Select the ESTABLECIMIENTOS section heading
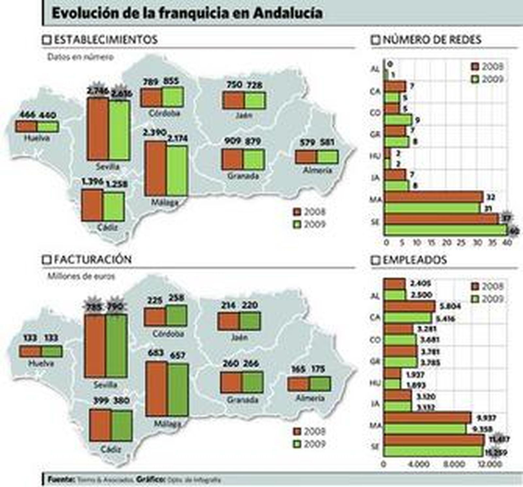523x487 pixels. (105, 40)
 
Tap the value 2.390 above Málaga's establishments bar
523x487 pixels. (154, 133)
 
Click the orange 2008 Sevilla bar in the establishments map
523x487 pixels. (98, 129)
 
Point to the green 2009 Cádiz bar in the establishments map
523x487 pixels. (114, 206)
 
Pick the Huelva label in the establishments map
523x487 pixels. (37, 138)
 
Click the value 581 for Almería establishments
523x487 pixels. (327, 143)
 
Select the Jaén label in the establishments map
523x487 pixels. (244, 115)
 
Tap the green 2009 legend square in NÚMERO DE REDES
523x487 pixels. (475, 79)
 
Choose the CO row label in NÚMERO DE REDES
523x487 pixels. (376, 113)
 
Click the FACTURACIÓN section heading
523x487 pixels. (93, 260)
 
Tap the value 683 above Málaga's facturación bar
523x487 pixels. (156, 353)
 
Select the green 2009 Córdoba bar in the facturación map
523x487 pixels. (176, 316)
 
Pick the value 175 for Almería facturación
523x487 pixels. (318, 369)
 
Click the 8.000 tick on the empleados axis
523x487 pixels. (454, 464)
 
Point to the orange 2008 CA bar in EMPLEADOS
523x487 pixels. (409, 307)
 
